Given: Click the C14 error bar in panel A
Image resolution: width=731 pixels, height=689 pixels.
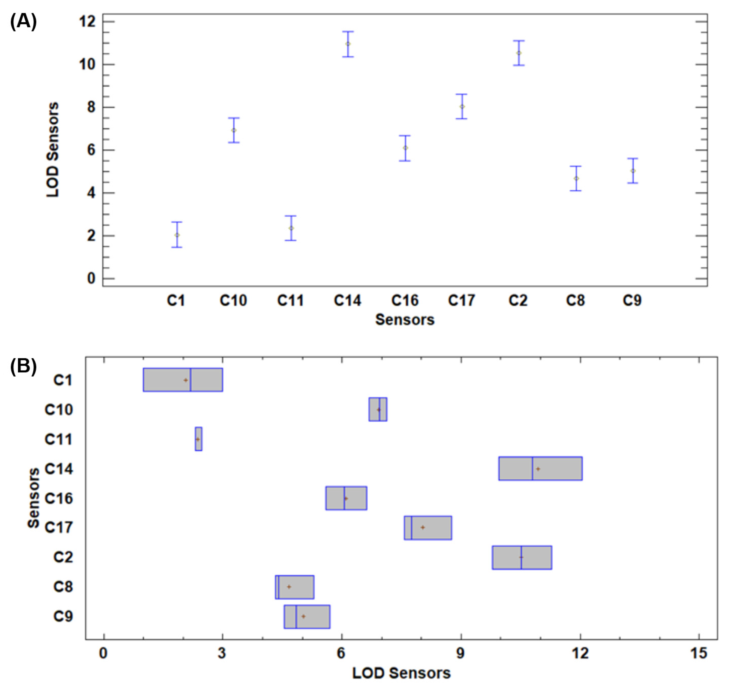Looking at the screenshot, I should click(348, 44).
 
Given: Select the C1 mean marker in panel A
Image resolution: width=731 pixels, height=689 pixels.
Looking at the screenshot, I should click(177, 235).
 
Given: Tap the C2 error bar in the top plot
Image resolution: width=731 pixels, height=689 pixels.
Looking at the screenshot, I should click(519, 53).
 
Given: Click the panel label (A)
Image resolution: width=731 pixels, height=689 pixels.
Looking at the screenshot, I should click(23, 21).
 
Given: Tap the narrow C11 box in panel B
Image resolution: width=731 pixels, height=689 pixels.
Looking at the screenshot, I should click(199, 439).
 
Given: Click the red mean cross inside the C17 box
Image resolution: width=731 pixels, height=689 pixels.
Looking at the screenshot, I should click(423, 527).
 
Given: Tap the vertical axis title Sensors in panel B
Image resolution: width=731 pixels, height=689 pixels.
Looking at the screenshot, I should click(34, 498).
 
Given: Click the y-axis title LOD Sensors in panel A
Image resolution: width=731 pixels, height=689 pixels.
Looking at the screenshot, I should click(52, 150).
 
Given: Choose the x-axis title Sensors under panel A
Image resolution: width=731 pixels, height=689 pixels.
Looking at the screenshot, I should click(405, 320).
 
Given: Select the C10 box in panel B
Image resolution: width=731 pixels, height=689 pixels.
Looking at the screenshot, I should click(378, 409).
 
